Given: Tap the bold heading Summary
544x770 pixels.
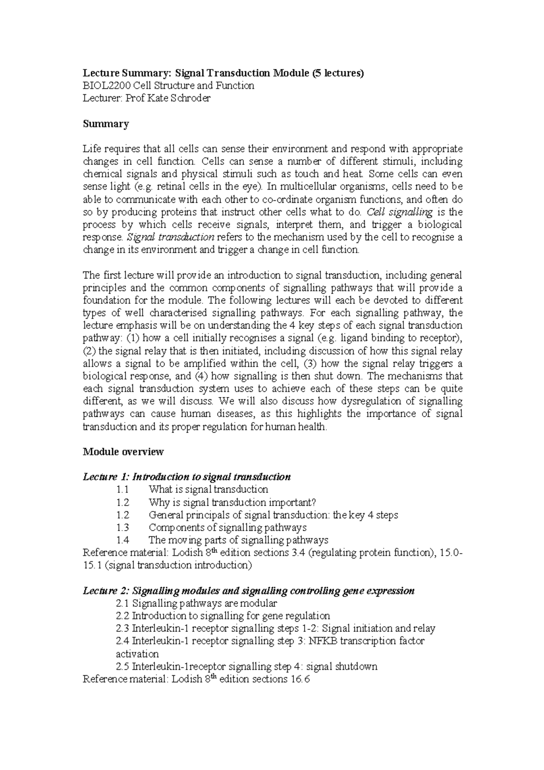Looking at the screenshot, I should tap(106, 124).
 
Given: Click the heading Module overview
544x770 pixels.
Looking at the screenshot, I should tap(123, 452).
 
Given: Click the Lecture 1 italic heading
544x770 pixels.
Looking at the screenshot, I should tap(186, 477).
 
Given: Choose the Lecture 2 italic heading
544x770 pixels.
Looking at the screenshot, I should tap(248, 591).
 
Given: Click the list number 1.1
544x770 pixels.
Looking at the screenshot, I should tap(122, 490).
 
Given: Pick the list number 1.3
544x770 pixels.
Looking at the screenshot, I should tap(122, 527).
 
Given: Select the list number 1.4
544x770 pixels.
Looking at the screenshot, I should tap(122, 540).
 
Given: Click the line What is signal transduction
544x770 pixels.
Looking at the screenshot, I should tap(208, 490).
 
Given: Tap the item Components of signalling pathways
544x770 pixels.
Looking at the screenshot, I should tap(228, 527).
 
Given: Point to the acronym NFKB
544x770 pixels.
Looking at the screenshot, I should tap(325, 641).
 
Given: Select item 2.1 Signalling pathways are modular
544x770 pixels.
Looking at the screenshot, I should tap(196, 604).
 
